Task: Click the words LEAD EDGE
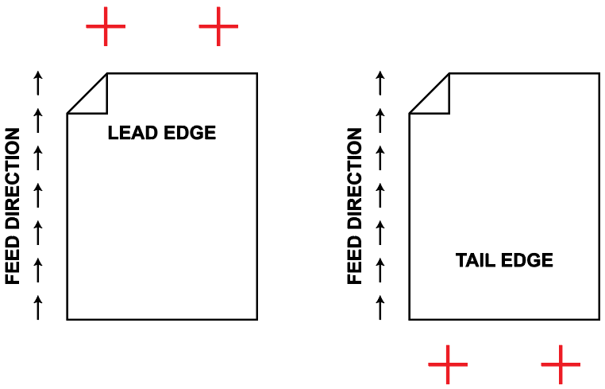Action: point(162,133)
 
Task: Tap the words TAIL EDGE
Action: point(504,260)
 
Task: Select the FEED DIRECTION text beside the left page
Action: point(13,206)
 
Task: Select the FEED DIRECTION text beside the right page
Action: point(355,206)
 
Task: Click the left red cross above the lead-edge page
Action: point(106,27)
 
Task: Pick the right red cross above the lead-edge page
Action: point(218,27)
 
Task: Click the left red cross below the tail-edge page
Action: point(448,364)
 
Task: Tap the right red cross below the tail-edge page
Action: point(561,364)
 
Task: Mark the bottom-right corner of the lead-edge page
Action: point(256,319)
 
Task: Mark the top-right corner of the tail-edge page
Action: point(599,74)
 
